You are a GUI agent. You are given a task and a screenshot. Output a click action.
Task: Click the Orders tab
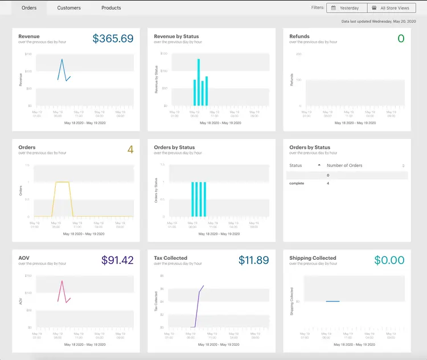(29, 8)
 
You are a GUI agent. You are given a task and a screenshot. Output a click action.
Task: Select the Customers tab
(69, 8)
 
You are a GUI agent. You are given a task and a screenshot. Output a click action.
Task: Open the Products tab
(111, 8)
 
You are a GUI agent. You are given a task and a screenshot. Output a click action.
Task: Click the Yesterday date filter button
(347, 8)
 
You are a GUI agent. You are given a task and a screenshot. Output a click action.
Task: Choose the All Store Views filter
(391, 8)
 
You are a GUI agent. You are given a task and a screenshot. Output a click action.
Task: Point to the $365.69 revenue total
(113, 39)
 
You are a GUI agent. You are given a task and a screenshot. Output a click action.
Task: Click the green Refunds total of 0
(401, 39)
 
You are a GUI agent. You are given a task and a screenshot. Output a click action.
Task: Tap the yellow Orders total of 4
(130, 150)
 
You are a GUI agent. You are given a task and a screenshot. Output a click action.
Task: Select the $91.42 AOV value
(117, 260)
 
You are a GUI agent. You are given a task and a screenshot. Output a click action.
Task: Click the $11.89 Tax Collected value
(254, 260)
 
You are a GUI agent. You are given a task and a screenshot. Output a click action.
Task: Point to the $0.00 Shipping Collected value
(389, 260)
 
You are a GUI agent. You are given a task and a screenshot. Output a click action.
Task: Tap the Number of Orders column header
(344, 165)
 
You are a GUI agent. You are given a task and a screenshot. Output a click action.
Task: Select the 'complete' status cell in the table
(297, 183)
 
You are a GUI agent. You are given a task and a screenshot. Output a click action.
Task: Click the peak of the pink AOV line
(62, 281)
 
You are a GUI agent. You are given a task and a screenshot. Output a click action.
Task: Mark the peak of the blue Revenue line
(62, 59)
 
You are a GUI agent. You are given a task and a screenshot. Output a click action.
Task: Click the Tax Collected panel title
(171, 258)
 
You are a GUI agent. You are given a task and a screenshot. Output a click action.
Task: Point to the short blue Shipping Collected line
(332, 301)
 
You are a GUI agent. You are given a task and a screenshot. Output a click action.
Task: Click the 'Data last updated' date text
(379, 21)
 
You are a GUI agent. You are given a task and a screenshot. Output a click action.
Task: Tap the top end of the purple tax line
(203, 285)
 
